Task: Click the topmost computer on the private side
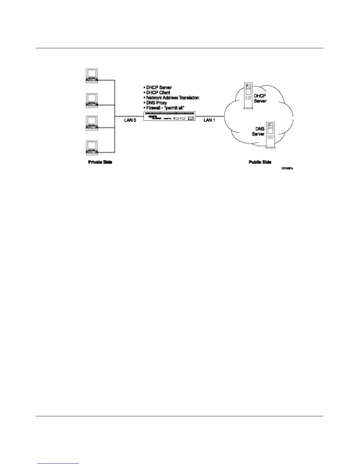tap(91, 76)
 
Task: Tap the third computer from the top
tap(91, 123)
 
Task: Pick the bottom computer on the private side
tap(91, 148)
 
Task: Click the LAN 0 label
tap(130, 120)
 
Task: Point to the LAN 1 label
tap(210, 120)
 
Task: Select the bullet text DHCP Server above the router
tap(159, 88)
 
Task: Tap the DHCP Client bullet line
tap(158, 93)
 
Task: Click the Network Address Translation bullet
tap(172, 98)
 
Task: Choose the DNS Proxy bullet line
tap(156, 103)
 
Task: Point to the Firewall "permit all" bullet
tap(165, 108)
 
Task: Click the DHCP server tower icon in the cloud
tap(248, 96)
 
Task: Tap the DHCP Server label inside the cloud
tap(260, 99)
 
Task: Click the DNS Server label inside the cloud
tap(259, 132)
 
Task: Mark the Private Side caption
tap(100, 162)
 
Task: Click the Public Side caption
tap(260, 162)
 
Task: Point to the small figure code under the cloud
tap(287, 169)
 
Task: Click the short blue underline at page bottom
tap(58, 464)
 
